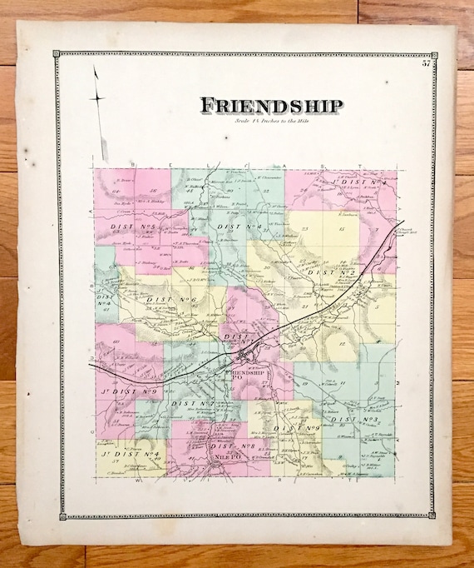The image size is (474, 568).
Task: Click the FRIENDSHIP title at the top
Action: point(270,106)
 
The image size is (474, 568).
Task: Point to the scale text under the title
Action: point(270,122)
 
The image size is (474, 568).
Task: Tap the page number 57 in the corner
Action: point(426,63)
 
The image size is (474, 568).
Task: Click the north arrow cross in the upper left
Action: point(98,98)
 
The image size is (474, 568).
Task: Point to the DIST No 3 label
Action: point(348,420)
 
